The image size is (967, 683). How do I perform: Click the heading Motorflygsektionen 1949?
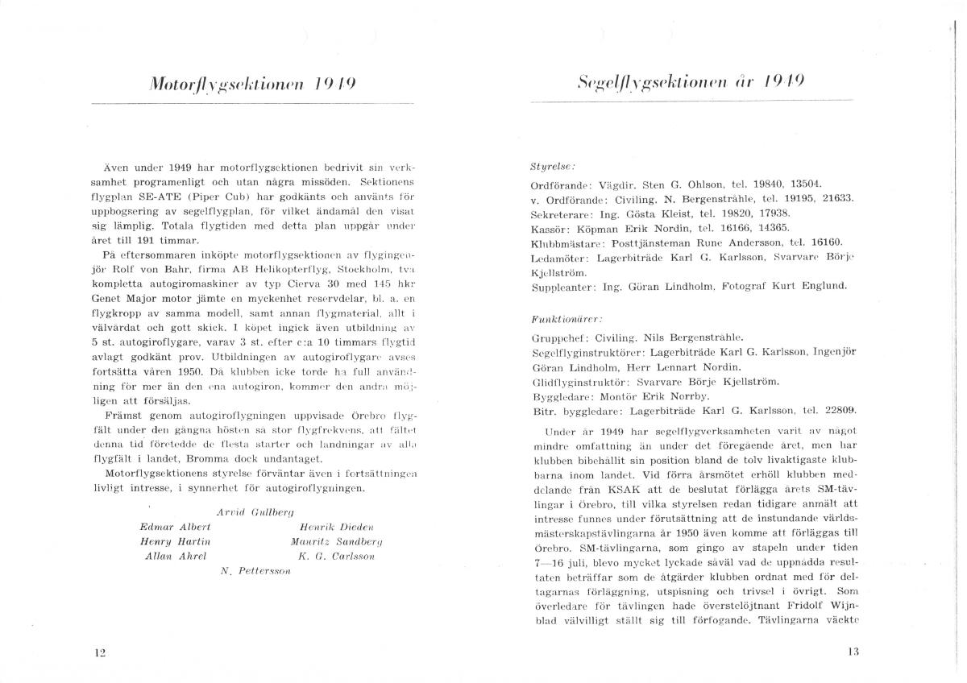pos(247,84)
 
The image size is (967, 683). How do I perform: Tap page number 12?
pos(101,652)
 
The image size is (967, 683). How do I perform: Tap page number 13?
pos(855,652)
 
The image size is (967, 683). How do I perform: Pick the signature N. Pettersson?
pos(255,571)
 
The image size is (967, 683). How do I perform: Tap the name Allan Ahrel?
pos(173,556)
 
